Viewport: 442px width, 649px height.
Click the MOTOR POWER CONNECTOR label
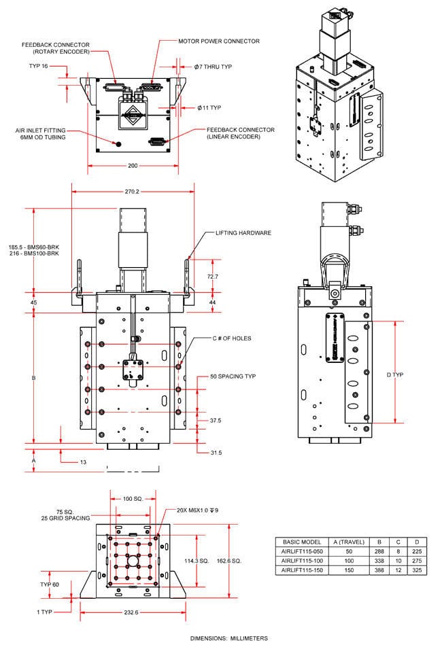click(x=218, y=41)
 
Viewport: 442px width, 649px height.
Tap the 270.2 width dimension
click(x=133, y=192)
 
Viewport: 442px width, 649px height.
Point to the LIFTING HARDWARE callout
click(x=243, y=232)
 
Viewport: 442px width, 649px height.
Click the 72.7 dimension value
click(x=212, y=277)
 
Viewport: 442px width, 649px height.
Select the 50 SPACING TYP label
click(x=233, y=376)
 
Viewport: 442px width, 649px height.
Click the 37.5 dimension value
click(x=216, y=421)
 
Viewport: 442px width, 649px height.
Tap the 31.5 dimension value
click(x=216, y=452)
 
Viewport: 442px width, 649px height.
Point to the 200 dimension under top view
click(x=133, y=165)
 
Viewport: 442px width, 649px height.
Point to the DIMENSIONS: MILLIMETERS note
click(x=228, y=638)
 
